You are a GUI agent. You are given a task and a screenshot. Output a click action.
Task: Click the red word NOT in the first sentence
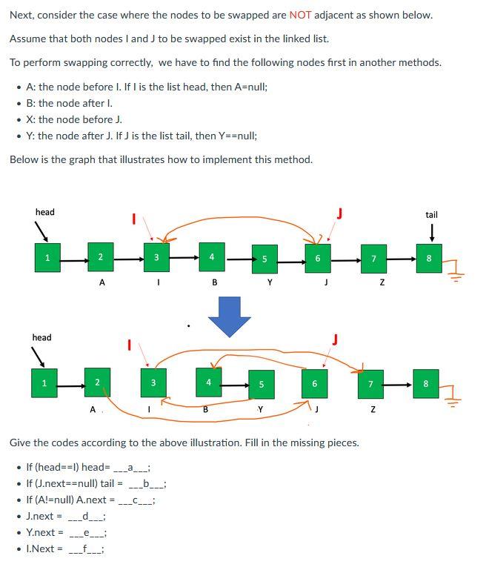(300, 15)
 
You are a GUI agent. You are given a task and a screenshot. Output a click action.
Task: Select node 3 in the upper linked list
(156, 258)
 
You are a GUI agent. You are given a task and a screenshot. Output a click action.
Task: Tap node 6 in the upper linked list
(317, 258)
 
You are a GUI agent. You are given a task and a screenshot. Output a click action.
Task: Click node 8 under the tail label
(429, 258)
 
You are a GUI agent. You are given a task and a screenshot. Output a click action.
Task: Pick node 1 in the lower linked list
(44, 383)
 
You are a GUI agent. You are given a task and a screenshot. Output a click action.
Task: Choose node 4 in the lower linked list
(209, 382)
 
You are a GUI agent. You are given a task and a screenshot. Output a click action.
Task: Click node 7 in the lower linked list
(370, 384)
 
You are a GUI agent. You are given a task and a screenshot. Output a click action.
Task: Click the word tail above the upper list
(431, 215)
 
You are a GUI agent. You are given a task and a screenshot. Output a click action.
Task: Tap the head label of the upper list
(44, 212)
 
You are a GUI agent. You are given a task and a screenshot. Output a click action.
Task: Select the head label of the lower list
(41, 337)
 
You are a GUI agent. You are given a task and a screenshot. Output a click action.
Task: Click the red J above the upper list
(339, 213)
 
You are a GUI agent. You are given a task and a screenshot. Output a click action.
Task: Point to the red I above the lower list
(129, 344)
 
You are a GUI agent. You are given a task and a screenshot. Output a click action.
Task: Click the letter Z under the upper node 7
(382, 283)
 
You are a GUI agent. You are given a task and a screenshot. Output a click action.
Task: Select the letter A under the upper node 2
(101, 282)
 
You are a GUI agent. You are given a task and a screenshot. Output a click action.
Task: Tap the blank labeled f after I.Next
(86, 549)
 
